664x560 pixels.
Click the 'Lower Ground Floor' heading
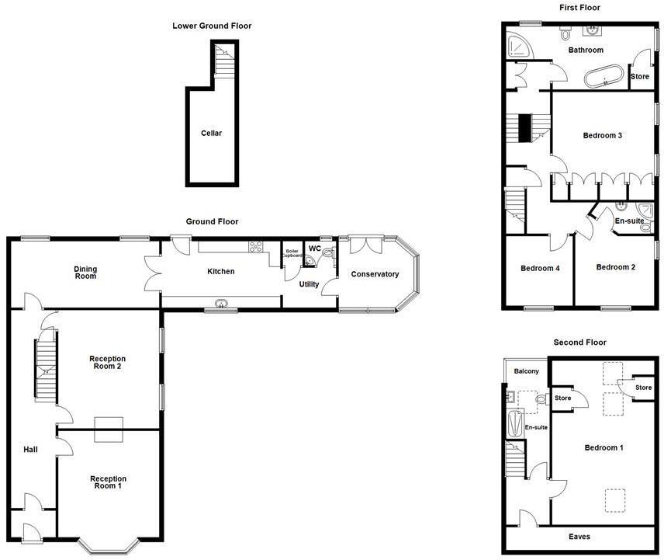pyautogui.click(x=212, y=26)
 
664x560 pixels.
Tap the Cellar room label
pyautogui.click(x=211, y=134)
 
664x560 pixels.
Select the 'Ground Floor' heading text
pyautogui.click(x=212, y=221)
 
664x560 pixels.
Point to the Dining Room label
pyautogui.click(x=86, y=273)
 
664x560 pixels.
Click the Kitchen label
pyautogui.click(x=220, y=271)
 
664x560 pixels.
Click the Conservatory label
pyautogui.click(x=375, y=274)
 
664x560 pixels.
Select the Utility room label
pyautogui.click(x=310, y=284)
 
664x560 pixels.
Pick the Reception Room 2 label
pyautogui.click(x=108, y=363)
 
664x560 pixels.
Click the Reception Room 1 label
pyautogui.click(x=108, y=482)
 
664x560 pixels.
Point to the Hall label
pyautogui.click(x=30, y=450)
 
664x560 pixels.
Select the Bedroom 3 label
pyautogui.click(x=603, y=136)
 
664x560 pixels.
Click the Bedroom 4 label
pyautogui.click(x=540, y=269)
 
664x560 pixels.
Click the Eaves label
pyautogui.click(x=579, y=537)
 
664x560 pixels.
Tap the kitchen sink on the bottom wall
pyautogui.click(x=222, y=304)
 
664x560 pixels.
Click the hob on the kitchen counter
pyautogui.click(x=255, y=247)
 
